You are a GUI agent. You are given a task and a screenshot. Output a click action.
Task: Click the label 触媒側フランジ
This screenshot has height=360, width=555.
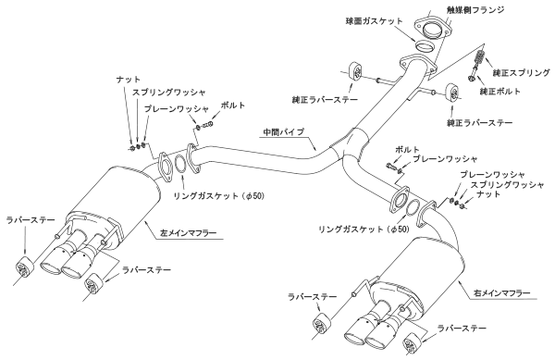[475, 9]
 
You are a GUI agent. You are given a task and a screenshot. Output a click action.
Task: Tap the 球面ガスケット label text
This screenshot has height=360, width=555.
[375, 21]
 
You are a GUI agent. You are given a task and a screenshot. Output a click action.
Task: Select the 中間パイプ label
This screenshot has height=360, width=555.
[284, 131]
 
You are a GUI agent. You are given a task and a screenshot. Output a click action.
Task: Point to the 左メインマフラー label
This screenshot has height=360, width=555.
[189, 233]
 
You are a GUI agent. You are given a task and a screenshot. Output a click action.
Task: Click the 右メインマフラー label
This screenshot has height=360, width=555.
[502, 293]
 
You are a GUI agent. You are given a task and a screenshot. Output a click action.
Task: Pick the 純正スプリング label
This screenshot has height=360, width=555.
[522, 73]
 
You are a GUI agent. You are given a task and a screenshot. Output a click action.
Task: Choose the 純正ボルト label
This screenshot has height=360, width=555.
[500, 91]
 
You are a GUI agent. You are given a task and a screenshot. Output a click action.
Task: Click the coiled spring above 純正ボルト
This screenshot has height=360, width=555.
[479, 57]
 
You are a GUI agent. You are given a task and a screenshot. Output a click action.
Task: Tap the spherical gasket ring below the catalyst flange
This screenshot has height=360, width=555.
[424, 46]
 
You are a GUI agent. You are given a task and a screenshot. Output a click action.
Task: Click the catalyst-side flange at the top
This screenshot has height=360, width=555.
[433, 28]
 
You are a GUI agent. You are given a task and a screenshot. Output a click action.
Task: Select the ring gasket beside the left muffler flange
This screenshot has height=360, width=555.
[180, 164]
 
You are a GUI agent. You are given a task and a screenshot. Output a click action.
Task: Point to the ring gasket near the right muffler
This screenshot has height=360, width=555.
[412, 206]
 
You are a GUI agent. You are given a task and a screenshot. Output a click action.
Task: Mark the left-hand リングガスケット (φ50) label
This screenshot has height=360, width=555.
[218, 196]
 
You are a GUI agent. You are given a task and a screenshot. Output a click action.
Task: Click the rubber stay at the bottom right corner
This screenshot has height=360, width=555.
[412, 342]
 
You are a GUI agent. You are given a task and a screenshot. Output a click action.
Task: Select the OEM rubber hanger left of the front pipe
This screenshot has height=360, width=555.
[355, 72]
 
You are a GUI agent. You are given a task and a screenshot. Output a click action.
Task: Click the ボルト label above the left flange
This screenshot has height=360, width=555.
[232, 106]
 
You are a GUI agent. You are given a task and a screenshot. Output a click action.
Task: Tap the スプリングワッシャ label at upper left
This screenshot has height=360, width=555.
[169, 93]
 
